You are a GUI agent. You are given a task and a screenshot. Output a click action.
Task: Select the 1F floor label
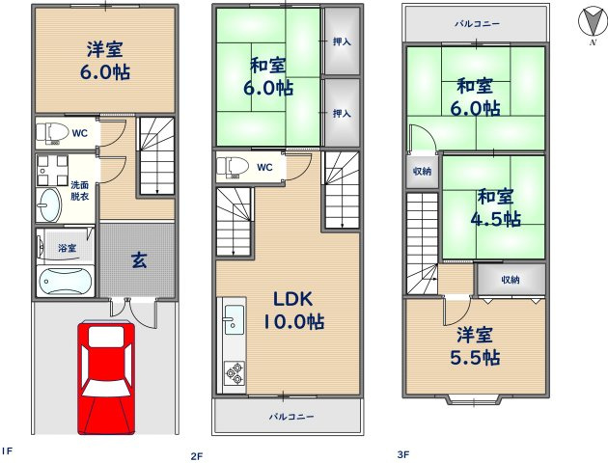pyautogui.click(x=7, y=450)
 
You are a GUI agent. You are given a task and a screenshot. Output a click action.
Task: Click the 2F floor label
pyautogui.click(x=197, y=454)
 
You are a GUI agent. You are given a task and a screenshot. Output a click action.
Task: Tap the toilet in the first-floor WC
pyautogui.click(x=53, y=131)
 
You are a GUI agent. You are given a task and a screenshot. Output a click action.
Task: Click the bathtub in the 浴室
pyautogui.click(x=64, y=283)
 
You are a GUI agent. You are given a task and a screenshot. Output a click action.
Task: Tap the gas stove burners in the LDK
pyautogui.click(x=234, y=372)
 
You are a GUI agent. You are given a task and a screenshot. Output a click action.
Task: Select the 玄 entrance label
pyautogui.click(x=138, y=259)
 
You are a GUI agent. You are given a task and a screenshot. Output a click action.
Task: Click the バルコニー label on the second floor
pyautogui.click(x=290, y=417)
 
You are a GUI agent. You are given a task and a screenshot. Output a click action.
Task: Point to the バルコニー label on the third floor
pyautogui.click(x=477, y=23)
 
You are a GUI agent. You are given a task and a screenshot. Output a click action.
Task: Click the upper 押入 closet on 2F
pyautogui.click(x=342, y=41)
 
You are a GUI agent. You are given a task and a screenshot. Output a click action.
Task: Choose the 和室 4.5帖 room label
pyautogui.click(x=497, y=207)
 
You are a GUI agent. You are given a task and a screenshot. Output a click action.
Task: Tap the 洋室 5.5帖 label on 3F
pyautogui.click(x=476, y=345)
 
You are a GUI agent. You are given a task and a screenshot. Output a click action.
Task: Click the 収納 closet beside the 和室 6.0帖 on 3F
pyautogui.click(x=423, y=171)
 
